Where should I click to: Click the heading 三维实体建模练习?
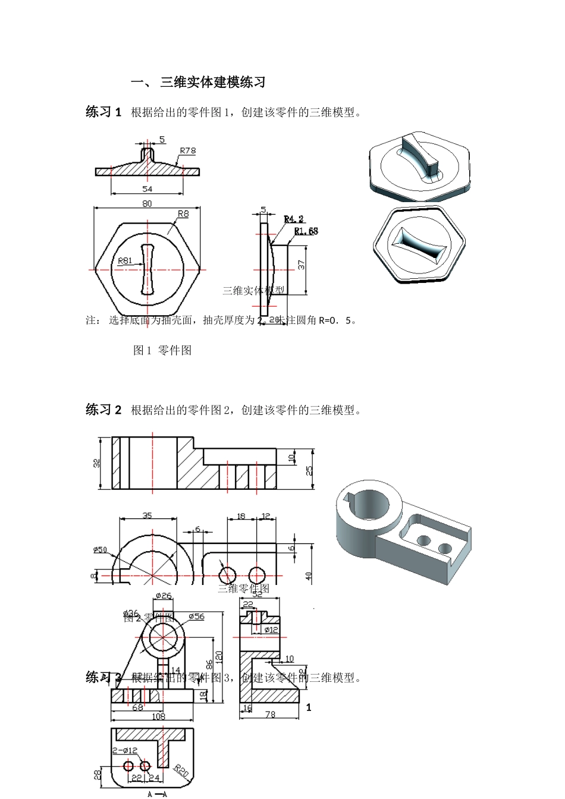click(212, 83)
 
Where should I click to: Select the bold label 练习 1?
click(103, 112)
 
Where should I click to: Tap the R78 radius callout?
click(187, 151)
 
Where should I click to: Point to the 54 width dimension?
click(147, 189)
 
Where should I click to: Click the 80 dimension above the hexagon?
click(147, 203)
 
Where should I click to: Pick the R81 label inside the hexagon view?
click(125, 260)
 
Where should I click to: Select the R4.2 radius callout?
click(294, 219)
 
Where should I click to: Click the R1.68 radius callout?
click(306, 231)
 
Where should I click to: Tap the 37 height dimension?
click(302, 265)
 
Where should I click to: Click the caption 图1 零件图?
click(162, 351)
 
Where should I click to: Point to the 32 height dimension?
click(97, 463)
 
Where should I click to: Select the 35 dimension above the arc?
click(147, 515)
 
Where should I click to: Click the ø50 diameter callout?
click(100, 549)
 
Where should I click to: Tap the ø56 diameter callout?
click(196, 616)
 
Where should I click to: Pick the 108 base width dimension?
click(158, 716)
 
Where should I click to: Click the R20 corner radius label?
click(181, 772)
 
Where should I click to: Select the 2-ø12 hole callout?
click(125, 750)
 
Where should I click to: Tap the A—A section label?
click(157, 794)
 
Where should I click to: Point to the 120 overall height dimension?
click(219, 658)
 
